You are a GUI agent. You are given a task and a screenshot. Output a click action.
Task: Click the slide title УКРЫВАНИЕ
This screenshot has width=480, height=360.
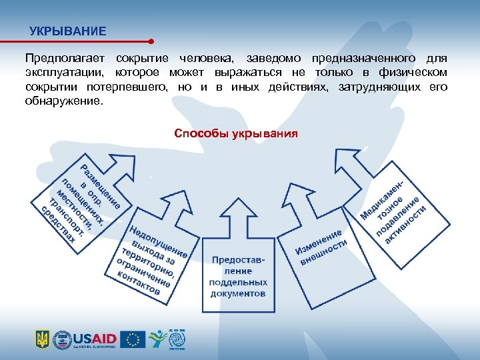click(x=67, y=31)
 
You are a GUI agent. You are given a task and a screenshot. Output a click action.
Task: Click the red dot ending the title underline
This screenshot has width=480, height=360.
click(x=153, y=40)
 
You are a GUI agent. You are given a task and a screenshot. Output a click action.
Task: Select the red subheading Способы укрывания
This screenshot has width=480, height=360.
click(x=235, y=133)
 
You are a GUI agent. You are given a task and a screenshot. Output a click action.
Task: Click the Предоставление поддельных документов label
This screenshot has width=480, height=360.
click(x=238, y=276)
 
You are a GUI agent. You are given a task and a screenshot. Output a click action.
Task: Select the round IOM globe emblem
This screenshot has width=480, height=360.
click(x=177, y=339)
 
